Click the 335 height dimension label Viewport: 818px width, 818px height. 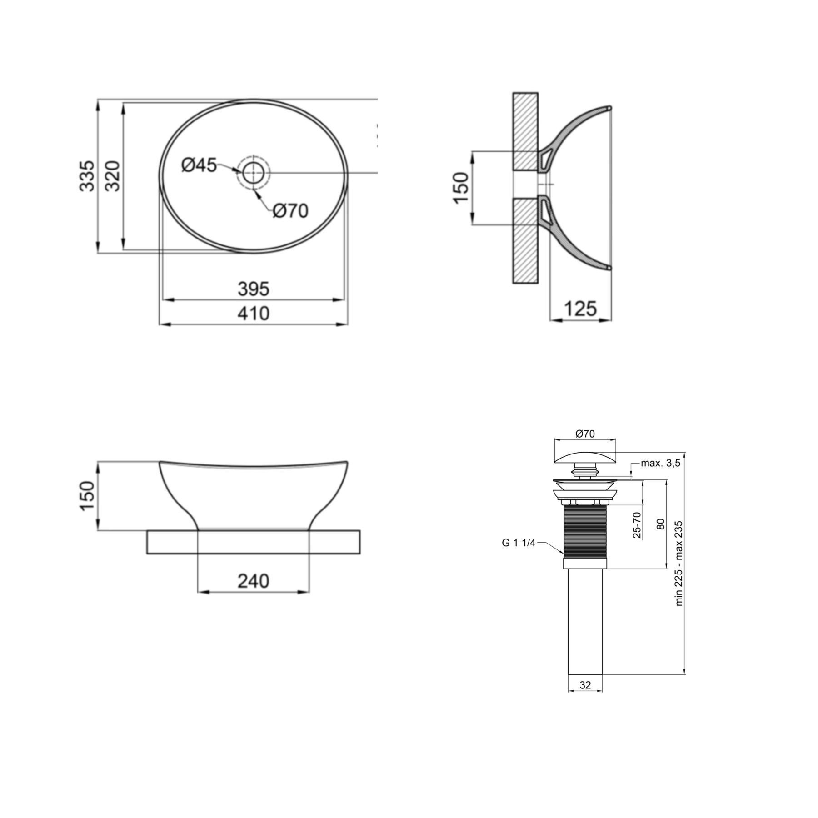pos(87,176)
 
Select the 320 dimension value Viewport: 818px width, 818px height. pos(112,176)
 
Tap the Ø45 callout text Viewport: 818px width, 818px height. pos(199,165)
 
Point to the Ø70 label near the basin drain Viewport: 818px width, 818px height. pos(291,210)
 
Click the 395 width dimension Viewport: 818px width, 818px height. pos(254,289)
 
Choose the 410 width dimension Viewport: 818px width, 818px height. pos(254,314)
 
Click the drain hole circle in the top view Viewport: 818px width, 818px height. pos(253,173)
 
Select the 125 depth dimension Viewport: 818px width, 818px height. pos(580,309)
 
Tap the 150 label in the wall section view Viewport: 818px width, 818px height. pos(461,188)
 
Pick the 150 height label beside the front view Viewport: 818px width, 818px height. pos(87,496)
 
